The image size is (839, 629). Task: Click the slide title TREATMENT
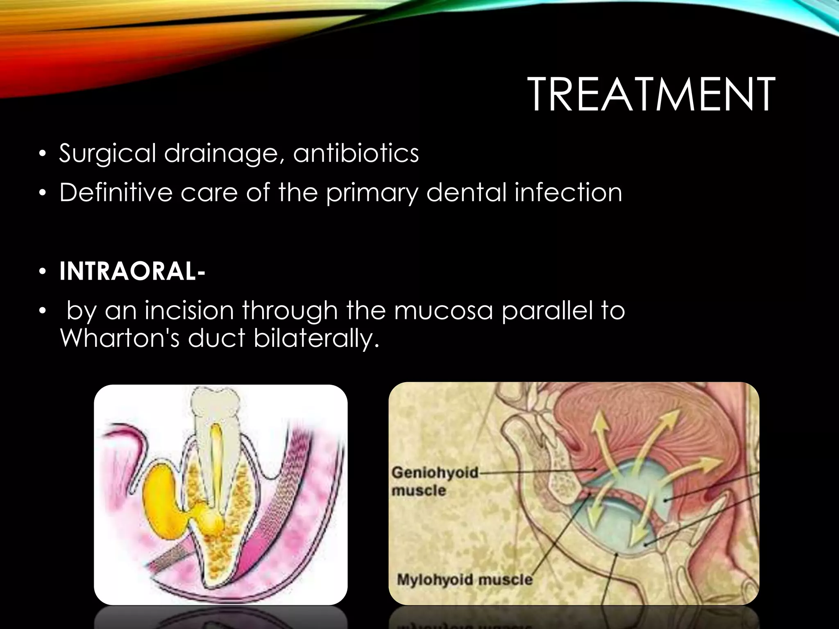[x=651, y=95]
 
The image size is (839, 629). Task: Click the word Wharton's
[x=119, y=338]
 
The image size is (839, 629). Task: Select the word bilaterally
[x=315, y=338]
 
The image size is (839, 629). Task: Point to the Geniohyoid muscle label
[x=434, y=481]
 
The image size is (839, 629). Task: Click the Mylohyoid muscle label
[x=465, y=579]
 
